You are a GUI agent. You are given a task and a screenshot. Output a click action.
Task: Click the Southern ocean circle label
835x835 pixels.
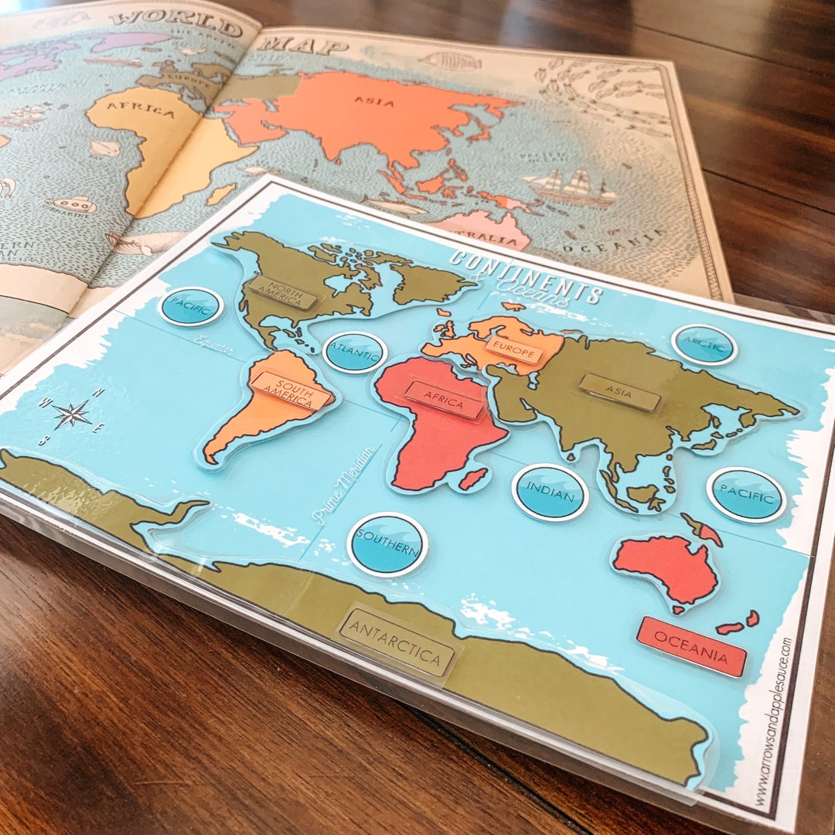click(x=387, y=544)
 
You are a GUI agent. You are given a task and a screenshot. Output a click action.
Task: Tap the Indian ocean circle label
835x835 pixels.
click(x=550, y=492)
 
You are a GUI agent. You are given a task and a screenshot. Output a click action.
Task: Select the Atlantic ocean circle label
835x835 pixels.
click(x=355, y=353)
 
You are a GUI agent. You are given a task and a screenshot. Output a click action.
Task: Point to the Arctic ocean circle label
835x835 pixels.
click(x=704, y=345)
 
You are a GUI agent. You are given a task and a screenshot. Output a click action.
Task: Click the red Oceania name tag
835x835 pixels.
click(x=691, y=646)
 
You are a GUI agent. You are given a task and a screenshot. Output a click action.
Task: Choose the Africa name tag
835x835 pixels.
click(x=444, y=400)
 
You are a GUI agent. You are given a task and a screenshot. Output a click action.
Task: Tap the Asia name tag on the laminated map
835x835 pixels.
click(x=620, y=392)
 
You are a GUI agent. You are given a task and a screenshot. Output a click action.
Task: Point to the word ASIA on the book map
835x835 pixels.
click(x=374, y=101)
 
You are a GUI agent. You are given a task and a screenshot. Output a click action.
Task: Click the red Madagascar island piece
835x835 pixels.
click(x=472, y=479)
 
